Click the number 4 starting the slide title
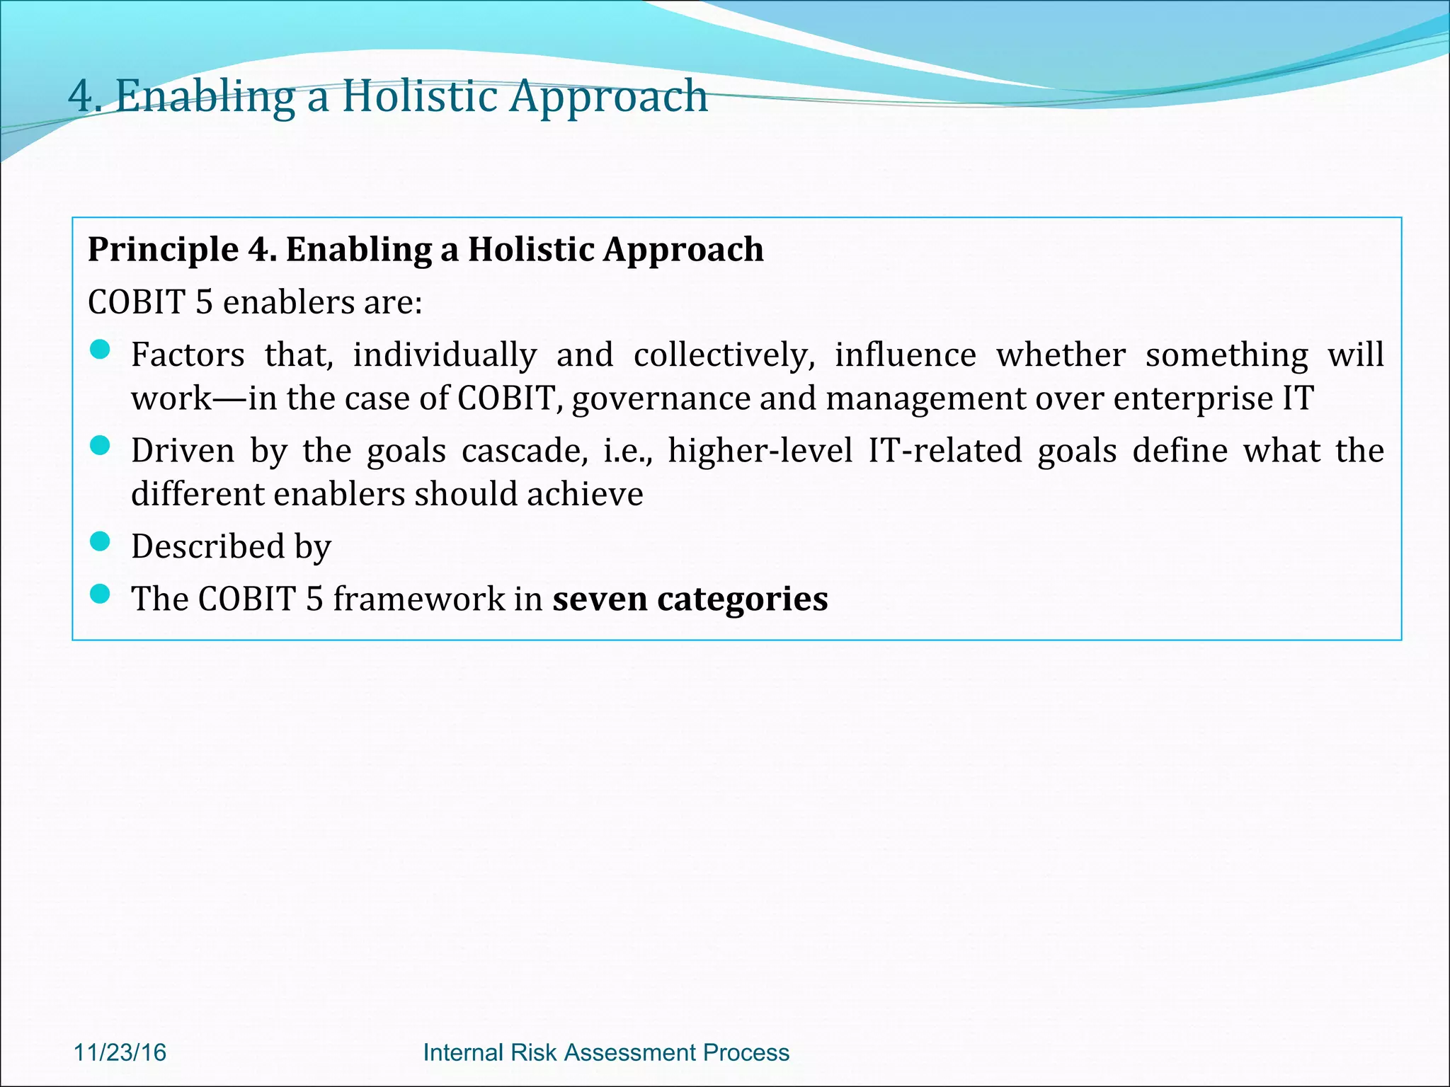[x=80, y=97]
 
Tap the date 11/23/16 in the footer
[x=120, y=1052]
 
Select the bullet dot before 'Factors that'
[x=101, y=350]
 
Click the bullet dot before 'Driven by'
[x=101, y=445]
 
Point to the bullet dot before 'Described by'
[x=101, y=541]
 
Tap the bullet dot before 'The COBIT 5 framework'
[x=101, y=594]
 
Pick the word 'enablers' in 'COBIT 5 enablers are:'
[x=288, y=302]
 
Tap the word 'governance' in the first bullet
[x=661, y=398]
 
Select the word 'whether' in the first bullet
[x=1061, y=355]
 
